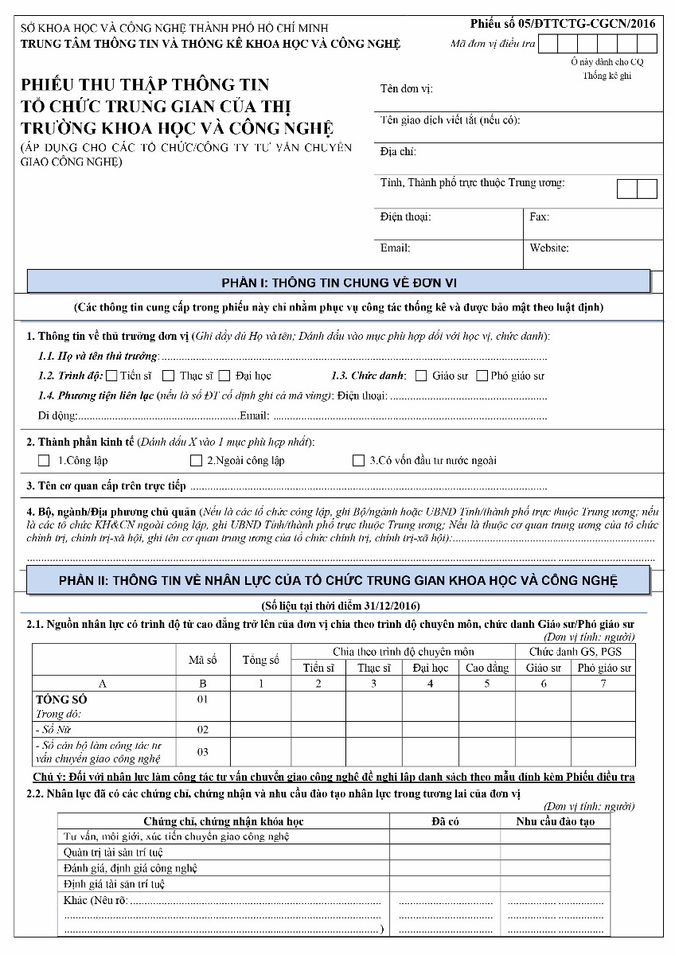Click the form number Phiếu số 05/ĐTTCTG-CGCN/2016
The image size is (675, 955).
563,23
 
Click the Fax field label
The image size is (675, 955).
539,216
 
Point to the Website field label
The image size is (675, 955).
548,248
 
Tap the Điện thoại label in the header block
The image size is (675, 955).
405,216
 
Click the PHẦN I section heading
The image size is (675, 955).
338,283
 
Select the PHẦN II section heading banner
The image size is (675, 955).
338,579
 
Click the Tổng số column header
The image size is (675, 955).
260,660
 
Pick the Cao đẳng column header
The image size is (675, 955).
487,668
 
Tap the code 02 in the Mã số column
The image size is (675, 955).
202,730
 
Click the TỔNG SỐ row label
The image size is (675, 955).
61,700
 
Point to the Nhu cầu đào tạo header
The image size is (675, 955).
555,821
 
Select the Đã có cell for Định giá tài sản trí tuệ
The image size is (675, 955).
445,884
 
